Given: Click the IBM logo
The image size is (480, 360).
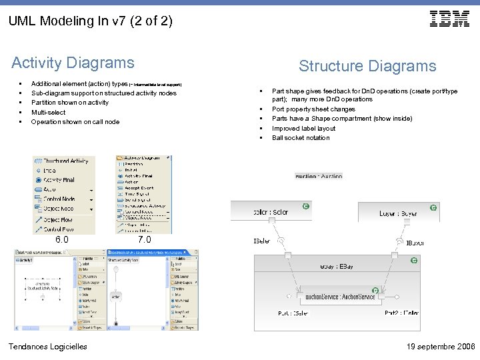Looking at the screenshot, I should tap(449, 19).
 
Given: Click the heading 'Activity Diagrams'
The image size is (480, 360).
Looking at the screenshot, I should tap(73, 63).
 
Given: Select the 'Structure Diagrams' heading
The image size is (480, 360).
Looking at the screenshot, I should tap(367, 66).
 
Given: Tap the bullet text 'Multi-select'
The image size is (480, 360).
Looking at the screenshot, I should tap(49, 113).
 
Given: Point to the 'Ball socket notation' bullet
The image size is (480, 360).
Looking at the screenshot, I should tap(301, 138).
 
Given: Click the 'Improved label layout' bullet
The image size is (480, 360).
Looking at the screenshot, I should tap(303, 129).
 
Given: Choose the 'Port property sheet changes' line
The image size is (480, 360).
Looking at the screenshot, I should tap(313, 109).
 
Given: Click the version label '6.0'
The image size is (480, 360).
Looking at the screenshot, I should tap(62, 239).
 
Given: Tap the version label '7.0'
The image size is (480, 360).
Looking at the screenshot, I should tap(144, 239).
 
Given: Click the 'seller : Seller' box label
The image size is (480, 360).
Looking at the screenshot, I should tap(271, 213).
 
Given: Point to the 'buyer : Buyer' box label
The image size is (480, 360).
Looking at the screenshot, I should tap(398, 213).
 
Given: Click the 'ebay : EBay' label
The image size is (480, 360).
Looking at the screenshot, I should tap(337, 267).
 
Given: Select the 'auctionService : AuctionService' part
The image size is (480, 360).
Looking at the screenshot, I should tap(339, 297).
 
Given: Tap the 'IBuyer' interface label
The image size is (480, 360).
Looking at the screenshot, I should tap(415, 243).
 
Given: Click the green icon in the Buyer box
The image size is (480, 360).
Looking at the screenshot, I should tap(433, 208).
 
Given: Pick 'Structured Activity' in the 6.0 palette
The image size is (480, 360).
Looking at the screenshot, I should tap(65, 161).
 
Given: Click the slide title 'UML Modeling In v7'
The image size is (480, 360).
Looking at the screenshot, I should tap(90, 21).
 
